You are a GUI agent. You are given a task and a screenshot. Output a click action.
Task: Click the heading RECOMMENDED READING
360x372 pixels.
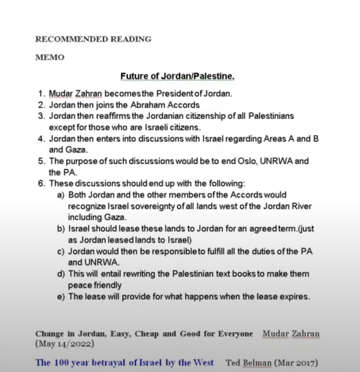point(93,39)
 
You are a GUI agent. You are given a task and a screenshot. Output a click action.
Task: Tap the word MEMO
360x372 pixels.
point(50,57)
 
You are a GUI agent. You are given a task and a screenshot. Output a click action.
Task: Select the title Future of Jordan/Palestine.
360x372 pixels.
point(177,76)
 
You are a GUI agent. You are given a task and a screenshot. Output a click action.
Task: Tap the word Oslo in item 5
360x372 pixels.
point(247,161)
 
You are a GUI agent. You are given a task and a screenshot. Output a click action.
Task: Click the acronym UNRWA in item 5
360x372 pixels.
point(276,161)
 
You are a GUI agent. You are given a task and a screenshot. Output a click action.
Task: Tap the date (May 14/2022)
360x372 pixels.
point(65,344)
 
